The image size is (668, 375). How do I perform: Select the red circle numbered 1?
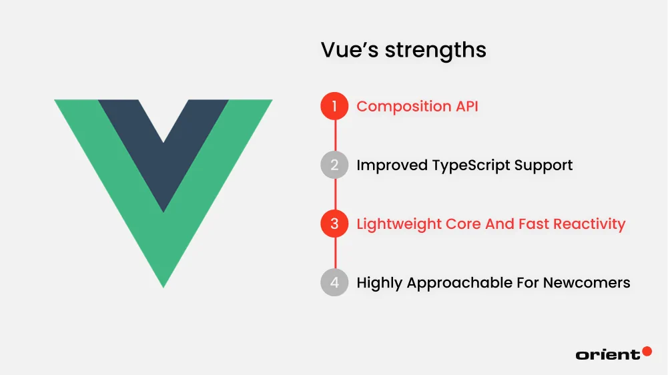coord(334,106)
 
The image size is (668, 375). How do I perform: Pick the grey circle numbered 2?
coord(334,165)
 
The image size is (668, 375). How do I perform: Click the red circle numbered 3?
coord(334,224)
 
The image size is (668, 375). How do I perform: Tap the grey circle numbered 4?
coord(334,282)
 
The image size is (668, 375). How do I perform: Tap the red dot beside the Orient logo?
coord(646,351)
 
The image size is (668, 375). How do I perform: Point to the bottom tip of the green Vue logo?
coord(163,284)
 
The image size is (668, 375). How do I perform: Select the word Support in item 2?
coord(545,165)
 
